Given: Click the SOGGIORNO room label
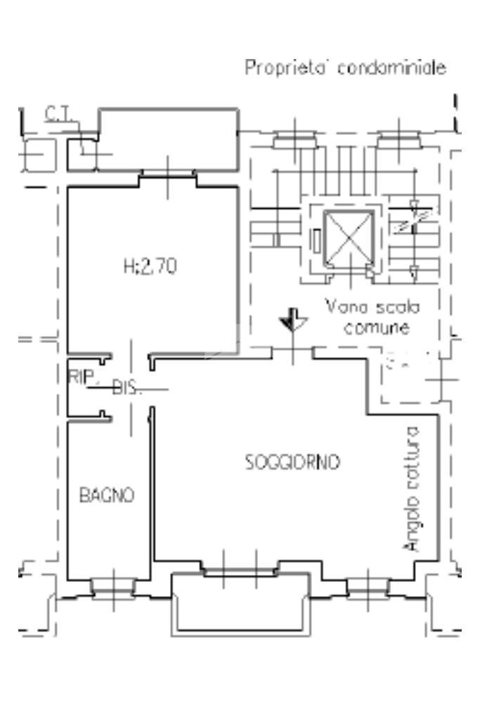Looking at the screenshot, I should point(292,462).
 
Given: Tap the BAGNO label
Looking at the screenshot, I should point(106,495).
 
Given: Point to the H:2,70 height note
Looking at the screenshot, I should point(149,266).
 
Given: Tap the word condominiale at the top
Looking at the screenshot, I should point(391,69).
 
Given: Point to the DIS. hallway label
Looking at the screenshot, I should point(127,387).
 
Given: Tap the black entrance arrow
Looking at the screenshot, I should point(290,321).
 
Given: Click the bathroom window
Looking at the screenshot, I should point(112,585).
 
